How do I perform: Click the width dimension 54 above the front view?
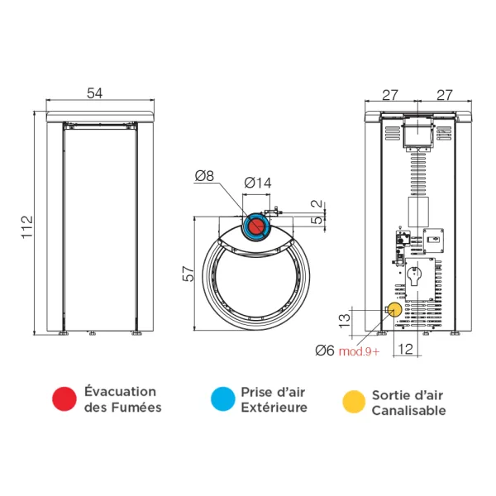pyautogui.click(x=95, y=94)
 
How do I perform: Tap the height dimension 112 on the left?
pyautogui.click(x=26, y=224)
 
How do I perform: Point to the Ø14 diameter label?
pyautogui.click(x=258, y=183)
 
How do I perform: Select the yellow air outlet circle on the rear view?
pyautogui.click(x=395, y=308)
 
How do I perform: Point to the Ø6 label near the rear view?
pyautogui.click(x=325, y=351)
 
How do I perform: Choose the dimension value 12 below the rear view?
pyautogui.click(x=404, y=350)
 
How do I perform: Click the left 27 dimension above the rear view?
pyautogui.click(x=391, y=94)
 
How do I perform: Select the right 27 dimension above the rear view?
pyautogui.click(x=444, y=94)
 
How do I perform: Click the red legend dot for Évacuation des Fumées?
pyautogui.click(x=63, y=399)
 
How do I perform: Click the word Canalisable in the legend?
pyautogui.click(x=408, y=410)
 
